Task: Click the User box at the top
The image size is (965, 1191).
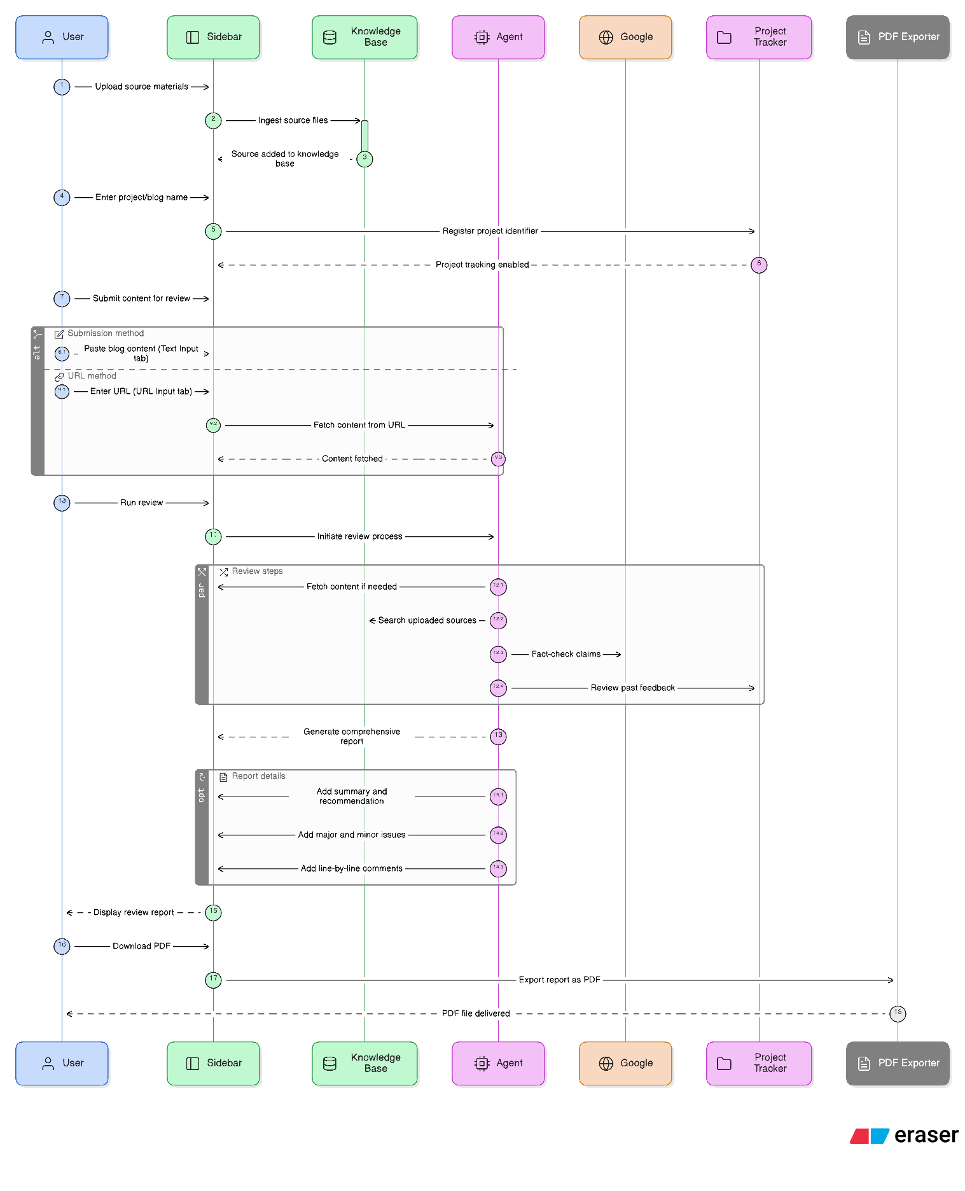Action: pyautogui.click(x=62, y=38)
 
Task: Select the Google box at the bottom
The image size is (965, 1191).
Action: pyautogui.click(x=625, y=1063)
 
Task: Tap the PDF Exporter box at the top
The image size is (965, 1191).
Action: pyautogui.click(x=898, y=38)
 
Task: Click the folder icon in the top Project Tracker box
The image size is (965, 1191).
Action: pyautogui.click(x=724, y=38)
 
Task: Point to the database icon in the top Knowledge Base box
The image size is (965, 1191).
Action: pyautogui.click(x=330, y=38)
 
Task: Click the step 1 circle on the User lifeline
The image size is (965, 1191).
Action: pyautogui.click(x=62, y=87)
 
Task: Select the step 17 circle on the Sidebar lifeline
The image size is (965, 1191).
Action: pyautogui.click(x=213, y=980)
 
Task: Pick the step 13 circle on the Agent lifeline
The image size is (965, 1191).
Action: pyautogui.click(x=498, y=736)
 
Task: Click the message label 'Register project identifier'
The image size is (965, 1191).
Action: pyautogui.click(x=490, y=231)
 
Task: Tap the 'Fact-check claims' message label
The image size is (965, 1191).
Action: pyautogui.click(x=566, y=654)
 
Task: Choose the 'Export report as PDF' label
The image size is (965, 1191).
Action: pyautogui.click(x=559, y=980)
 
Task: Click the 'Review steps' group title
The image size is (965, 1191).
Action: pyautogui.click(x=257, y=571)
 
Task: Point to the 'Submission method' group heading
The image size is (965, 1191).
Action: pyautogui.click(x=106, y=333)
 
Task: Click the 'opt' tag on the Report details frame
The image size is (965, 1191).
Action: pyautogui.click(x=202, y=795)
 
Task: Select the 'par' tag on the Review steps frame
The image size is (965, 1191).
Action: pyautogui.click(x=202, y=590)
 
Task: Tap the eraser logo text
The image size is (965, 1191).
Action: pyautogui.click(x=926, y=1135)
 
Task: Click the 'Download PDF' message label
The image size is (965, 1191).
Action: pyautogui.click(x=141, y=946)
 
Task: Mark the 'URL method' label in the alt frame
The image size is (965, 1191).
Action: pyautogui.click(x=92, y=376)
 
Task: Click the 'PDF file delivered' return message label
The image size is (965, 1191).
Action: pyautogui.click(x=476, y=1013)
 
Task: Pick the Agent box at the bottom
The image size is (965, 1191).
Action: pyautogui.click(x=498, y=1063)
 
